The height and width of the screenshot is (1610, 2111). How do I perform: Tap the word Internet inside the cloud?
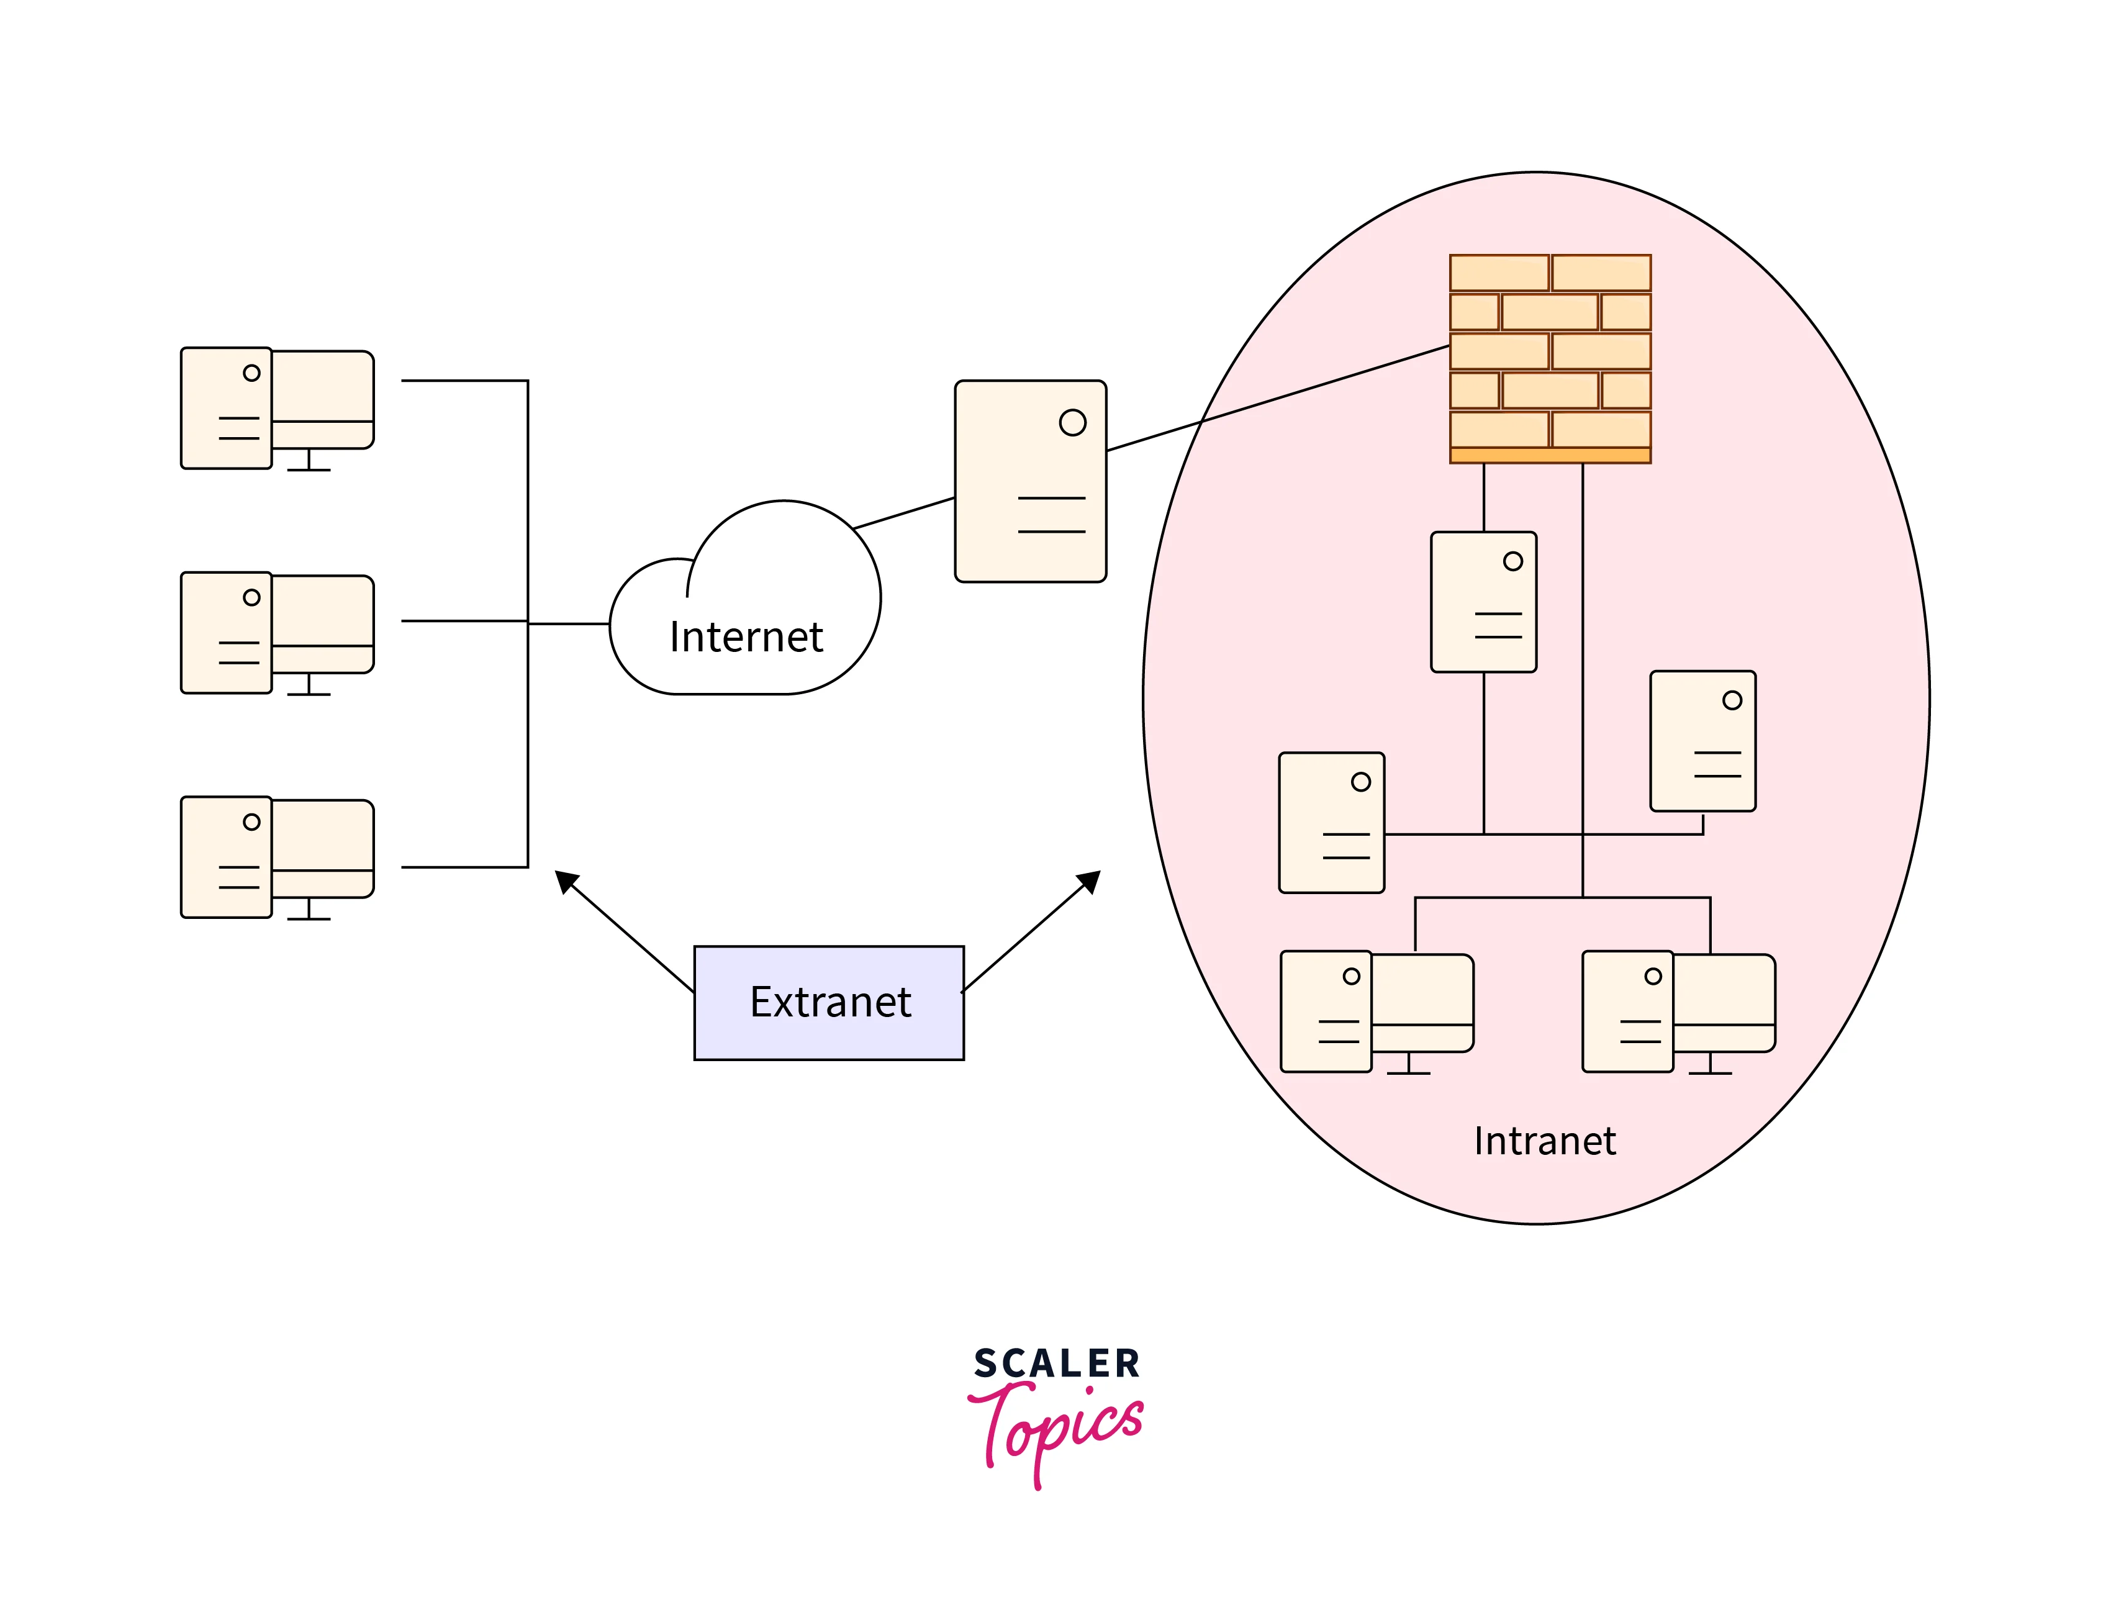[x=746, y=637]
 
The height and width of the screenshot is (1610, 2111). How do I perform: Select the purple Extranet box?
[x=829, y=1002]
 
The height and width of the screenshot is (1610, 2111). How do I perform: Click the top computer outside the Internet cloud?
[x=277, y=409]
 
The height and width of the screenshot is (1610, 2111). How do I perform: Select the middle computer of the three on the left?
[x=277, y=633]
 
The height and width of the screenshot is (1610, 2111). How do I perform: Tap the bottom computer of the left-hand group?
[x=277, y=857]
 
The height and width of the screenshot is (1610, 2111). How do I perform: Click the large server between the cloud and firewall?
[x=1030, y=481]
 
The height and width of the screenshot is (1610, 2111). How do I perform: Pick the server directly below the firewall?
[x=1483, y=602]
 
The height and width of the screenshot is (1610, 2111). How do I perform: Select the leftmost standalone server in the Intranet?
[x=1331, y=822]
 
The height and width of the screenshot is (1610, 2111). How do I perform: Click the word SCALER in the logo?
[x=1056, y=1364]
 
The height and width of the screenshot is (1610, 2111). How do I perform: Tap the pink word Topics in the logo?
[x=1059, y=1428]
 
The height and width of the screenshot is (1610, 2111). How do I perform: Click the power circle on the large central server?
[x=1072, y=423]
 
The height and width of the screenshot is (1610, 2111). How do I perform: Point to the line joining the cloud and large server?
[x=903, y=513]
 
